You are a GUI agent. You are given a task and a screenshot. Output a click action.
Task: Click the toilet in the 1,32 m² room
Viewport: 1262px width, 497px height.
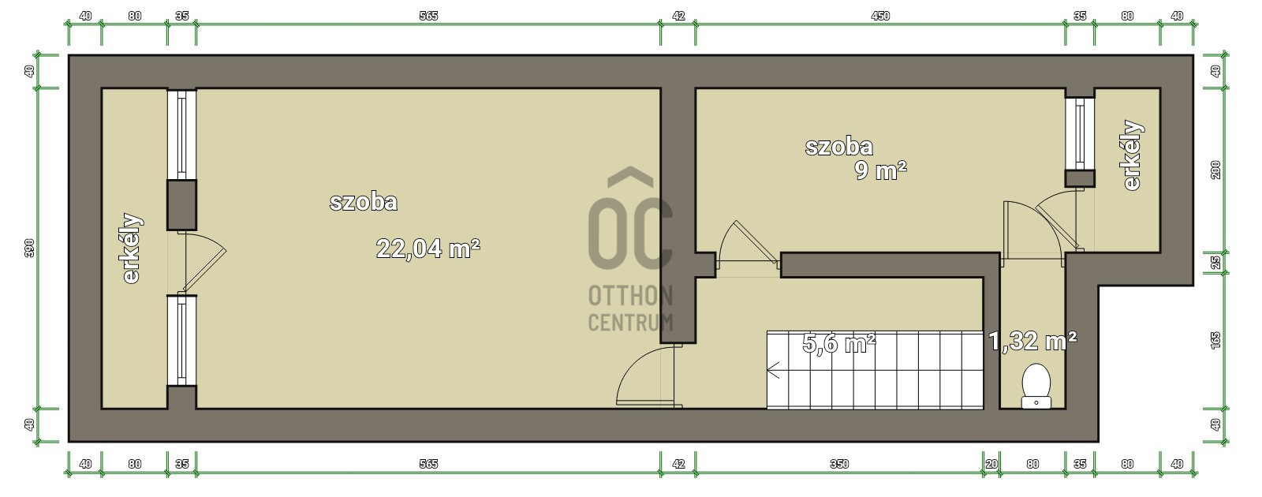1036,386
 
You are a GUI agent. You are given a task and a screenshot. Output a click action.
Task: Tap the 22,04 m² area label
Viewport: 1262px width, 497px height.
428,248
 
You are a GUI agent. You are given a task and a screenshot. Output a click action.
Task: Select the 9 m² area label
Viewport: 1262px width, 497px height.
880,170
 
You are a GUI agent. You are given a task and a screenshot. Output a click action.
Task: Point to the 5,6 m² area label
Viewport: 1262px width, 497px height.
838,342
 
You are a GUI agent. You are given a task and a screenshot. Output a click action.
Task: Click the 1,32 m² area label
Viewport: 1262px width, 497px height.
1032,341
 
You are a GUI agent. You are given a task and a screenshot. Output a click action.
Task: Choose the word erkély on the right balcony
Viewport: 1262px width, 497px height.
1133,155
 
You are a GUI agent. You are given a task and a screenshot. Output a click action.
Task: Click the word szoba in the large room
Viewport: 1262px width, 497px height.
364,202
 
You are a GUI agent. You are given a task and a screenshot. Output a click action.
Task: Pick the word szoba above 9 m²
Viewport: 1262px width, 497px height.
839,147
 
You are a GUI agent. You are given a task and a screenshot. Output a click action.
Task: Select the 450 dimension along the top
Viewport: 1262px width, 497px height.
880,16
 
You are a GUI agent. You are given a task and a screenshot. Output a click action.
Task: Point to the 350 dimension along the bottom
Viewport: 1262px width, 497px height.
839,464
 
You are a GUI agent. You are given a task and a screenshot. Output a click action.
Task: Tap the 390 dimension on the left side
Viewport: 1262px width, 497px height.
29,248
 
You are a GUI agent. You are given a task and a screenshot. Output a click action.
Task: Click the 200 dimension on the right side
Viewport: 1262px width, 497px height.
1215,170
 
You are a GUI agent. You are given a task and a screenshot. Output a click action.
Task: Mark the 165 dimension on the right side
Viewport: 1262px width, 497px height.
1215,340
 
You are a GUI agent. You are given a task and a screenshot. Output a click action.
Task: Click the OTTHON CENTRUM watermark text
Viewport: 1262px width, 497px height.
630,308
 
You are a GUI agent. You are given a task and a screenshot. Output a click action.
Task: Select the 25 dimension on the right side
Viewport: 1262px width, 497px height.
1215,263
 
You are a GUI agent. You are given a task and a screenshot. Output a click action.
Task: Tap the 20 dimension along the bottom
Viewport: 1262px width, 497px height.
991,464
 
